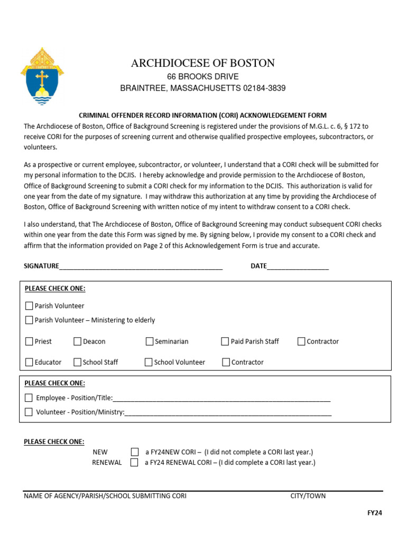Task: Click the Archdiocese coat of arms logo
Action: click(42, 76)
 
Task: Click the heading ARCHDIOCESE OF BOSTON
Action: click(203, 64)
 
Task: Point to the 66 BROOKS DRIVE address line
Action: click(203, 77)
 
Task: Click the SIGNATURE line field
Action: click(141, 266)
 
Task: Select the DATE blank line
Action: click(298, 266)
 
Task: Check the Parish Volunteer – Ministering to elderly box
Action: click(29, 320)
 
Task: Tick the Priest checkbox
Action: click(29, 341)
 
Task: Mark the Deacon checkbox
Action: click(77, 341)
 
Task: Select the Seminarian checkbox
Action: click(150, 341)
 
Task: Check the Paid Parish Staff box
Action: click(225, 341)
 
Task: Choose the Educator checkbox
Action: click(29, 362)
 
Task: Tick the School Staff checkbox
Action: click(77, 362)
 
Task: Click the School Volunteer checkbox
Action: click(149, 362)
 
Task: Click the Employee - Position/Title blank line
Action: click(222, 398)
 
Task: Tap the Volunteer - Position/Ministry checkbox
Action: click(29, 412)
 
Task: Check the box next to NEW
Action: click(134, 452)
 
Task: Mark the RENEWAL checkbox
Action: click(134, 463)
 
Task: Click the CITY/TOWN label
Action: click(308, 496)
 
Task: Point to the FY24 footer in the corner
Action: click(374, 513)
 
